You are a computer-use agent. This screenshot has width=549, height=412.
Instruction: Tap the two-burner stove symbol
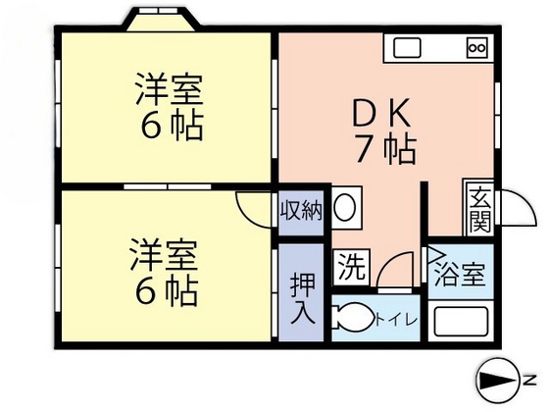pos(476,47)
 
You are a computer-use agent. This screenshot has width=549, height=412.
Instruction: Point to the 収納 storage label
pos(300,211)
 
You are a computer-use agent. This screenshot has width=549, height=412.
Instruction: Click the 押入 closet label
pos(302,298)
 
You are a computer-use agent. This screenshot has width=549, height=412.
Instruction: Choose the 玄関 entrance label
pos(480,208)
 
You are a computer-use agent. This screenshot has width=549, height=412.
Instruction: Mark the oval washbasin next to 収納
pos(346,208)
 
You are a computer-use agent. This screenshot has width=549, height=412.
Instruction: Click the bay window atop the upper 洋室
pos(163,20)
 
